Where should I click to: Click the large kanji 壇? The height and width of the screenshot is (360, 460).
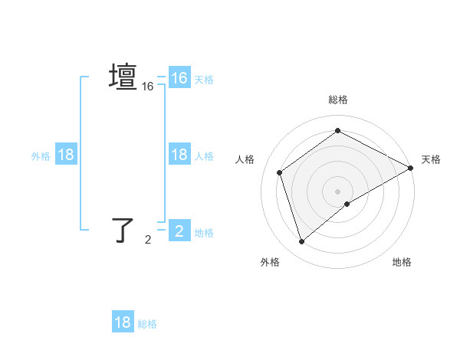tap(123, 78)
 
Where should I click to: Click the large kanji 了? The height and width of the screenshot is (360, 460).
tap(123, 230)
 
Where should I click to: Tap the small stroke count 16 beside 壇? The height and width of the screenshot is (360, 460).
tap(148, 87)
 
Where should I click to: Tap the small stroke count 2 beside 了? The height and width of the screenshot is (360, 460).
tap(148, 240)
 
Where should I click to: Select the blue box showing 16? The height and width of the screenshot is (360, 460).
tap(179, 78)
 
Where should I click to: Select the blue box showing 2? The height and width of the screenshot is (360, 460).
tap(179, 231)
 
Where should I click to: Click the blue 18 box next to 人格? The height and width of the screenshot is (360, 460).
tap(179, 155)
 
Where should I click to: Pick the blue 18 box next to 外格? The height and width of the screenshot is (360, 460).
tap(66, 155)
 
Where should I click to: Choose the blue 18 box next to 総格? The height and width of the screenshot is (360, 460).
tap(123, 322)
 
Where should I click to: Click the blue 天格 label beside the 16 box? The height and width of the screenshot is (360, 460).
tap(204, 79)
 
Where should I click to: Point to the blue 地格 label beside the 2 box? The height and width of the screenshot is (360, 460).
tap(204, 232)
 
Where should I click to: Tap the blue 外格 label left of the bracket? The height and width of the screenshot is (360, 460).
tap(41, 155)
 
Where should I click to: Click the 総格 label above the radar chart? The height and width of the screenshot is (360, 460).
tap(338, 100)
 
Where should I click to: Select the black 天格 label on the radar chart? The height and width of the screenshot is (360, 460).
tap(431, 159)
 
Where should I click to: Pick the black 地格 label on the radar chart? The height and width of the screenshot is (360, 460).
tap(402, 262)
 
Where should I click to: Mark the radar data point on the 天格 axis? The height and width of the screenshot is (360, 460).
tap(411, 168)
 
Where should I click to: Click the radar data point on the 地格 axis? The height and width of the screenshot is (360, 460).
tap(347, 204)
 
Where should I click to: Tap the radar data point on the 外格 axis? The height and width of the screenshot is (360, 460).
tap(301, 242)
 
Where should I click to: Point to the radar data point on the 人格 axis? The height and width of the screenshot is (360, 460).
tap(280, 172)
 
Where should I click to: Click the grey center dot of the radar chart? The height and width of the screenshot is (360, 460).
tap(338, 191)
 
